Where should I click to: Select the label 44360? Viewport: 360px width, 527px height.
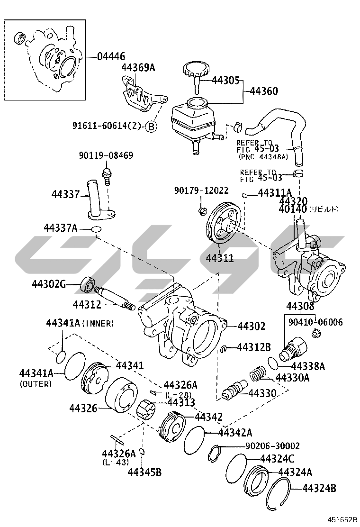pyautogui.click(x=264, y=91)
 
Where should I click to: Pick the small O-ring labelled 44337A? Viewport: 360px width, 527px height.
pyautogui.click(x=97, y=230)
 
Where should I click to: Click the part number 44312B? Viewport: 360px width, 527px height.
pyautogui.click(x=253, y=347)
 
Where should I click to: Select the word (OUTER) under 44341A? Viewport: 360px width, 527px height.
pyautogui.click(x=36, y=384)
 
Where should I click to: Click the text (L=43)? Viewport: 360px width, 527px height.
pyautogui.click(x=116, y=462)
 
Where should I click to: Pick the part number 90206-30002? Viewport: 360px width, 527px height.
pyautogui.click(x=272, y=446)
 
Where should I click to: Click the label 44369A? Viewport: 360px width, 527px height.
pyautogui.click(x=138, y=67)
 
